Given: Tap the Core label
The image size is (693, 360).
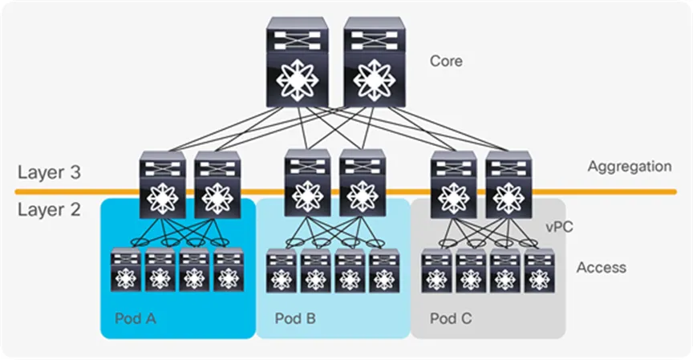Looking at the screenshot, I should coord(447,61).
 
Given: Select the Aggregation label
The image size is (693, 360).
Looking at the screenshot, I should coord(629,167).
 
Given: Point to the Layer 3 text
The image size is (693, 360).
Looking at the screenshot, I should coord(48,172).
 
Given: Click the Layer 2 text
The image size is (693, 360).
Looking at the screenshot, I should coord(48,210).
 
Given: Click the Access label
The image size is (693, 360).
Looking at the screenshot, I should coord(601,267).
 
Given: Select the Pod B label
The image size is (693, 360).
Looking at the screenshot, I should coord(295,318).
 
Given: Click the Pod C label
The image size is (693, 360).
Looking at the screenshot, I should coord(450,318).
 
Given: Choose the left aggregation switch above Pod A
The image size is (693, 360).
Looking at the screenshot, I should coord(162,184).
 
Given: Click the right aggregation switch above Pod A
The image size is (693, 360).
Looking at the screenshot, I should coord(217,184).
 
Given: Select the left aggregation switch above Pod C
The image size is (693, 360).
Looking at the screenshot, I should coord(454,184).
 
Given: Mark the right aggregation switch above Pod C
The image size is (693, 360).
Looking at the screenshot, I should coord(509,184).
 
